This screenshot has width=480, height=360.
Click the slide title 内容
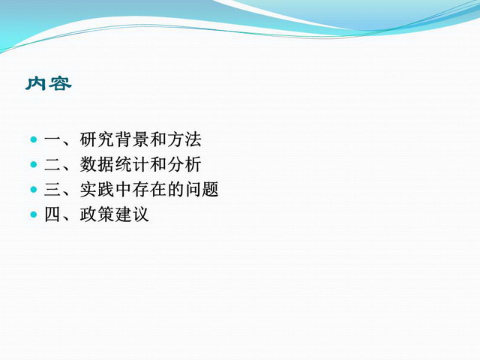tap(48, 83)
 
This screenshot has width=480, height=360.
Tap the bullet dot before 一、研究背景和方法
tap(34, 140)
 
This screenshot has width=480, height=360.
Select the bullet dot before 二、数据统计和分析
tap(34, 165)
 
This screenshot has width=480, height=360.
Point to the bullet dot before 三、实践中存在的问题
tap(34, 190)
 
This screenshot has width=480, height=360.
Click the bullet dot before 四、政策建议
tap(34, 214)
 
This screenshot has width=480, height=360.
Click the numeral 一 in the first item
tap(53, 140)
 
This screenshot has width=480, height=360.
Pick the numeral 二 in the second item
tap(53, 165)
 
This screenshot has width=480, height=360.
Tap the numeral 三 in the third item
tap(53, 190)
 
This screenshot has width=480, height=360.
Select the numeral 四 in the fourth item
tap(53, 214)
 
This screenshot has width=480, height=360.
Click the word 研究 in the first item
tap(97, 139)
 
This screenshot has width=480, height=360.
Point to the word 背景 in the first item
tap(132, 139)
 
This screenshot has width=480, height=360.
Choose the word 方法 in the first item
tap(184, 139)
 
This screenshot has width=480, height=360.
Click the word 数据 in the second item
tap(97, 164)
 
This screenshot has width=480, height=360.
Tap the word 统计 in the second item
tap(132, 164)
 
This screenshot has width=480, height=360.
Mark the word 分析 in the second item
tap(184, 164)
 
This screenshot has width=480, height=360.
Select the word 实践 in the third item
tap(97, 189)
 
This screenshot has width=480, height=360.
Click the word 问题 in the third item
tap(202, 189)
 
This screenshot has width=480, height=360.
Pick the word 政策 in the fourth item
tap(97, 214)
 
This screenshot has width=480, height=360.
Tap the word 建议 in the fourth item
tap(132, 214)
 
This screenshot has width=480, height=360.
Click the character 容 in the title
tap(61, 83)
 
